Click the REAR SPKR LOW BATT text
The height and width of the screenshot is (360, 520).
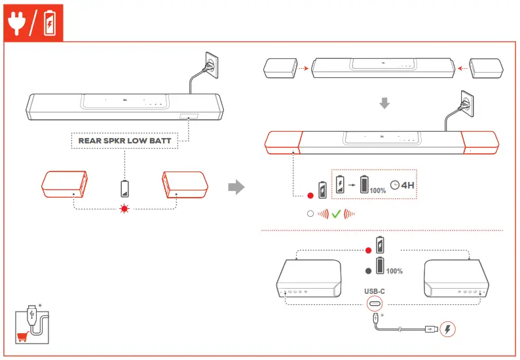tap(124, 140)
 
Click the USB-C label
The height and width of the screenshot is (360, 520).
tap(375, 293)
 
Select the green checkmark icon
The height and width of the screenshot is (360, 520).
tap(337, 213)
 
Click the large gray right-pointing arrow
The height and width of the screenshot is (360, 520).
tap(235, 188)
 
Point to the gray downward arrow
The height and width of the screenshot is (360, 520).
tap(385, 103)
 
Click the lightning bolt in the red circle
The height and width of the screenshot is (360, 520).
tap(448, 329)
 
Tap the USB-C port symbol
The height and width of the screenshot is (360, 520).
tap(375, 306)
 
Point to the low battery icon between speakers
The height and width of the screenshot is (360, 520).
tap(124, 189)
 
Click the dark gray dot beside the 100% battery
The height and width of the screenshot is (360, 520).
tap(368, 270)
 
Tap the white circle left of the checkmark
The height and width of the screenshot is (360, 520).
tap(310, 213)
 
